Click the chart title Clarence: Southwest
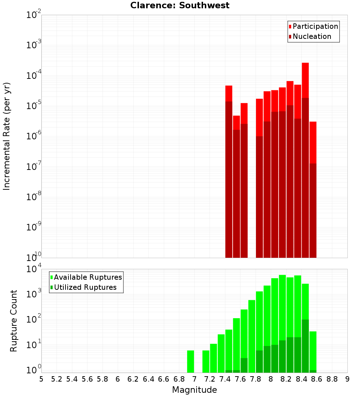(x=180, y=5)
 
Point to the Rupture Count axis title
(x=14, y=320)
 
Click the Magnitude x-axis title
(x=194, y=390)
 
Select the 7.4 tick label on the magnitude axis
(x=225, y=379)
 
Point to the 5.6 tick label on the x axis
(x=87, y=379)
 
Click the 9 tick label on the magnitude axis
(x=347, y=379)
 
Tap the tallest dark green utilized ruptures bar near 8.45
(x=305, y=346)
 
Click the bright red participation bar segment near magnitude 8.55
(x=313, y=142)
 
